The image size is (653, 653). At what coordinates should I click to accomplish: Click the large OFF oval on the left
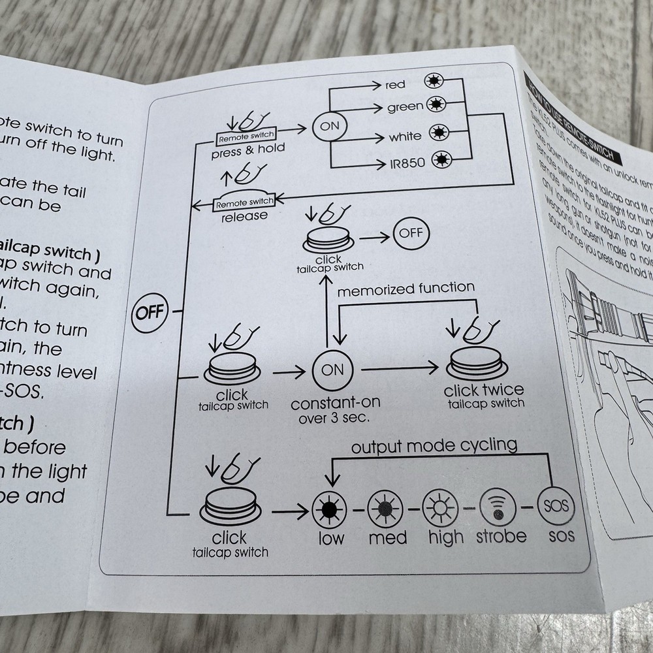[x=151, y=311]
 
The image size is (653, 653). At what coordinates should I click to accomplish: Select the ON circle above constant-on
[x=332, y=370]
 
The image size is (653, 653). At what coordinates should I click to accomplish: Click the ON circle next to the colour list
[x=330, y=127]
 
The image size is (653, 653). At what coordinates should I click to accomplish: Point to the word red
[x=395, y=85]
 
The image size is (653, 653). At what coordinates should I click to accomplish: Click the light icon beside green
[x=436, y=104]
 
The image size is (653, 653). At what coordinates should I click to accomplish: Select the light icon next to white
[x=439, y=134]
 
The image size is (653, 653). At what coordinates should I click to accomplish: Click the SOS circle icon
[x=556, y=505]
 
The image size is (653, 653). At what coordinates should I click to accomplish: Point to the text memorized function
[x=406, y=288]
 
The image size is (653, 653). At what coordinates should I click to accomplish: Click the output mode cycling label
[x=434, y=446]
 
